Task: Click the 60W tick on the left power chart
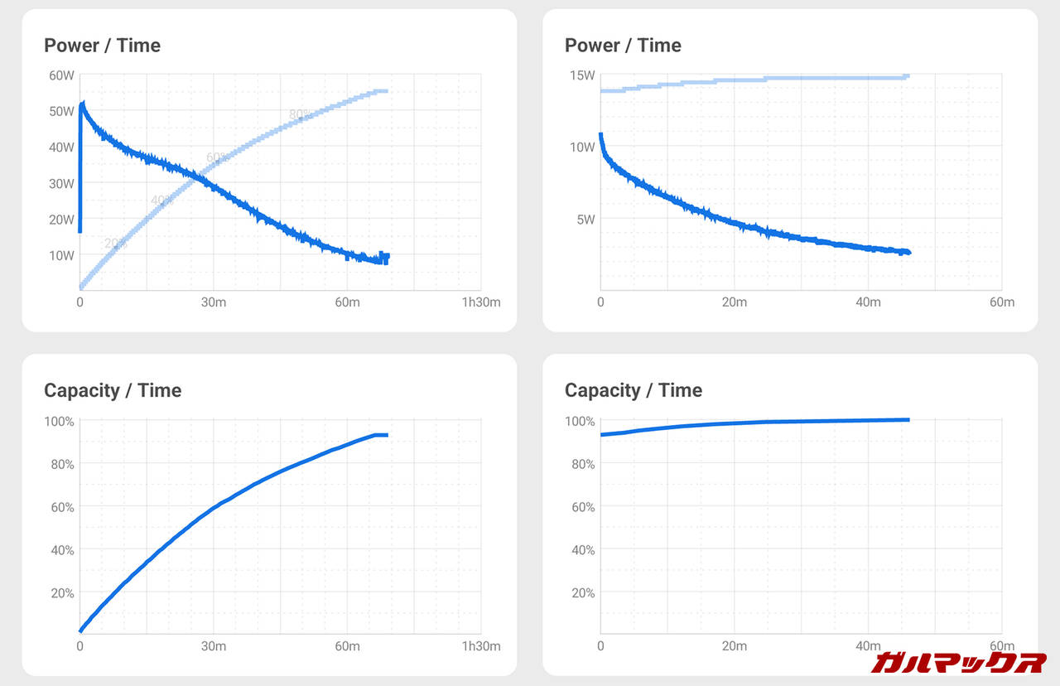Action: point(62,75)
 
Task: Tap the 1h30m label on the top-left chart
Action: point(481,302)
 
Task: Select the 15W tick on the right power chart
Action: point(583,75)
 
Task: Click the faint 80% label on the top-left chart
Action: point(300,114)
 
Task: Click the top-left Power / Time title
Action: point(102,46)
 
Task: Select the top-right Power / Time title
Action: point(623,46)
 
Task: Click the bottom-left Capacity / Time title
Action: point(113,390)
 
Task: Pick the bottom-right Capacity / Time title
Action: point(634,390)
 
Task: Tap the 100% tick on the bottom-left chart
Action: point(59,421)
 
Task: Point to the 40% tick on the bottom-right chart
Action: point(582,550)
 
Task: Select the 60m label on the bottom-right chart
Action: point(1001,646)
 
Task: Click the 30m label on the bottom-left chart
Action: point(214,646)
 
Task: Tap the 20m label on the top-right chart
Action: point(734,302)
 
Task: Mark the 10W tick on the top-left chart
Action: point(62,255)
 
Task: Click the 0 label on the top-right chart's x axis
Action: point(600,302)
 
